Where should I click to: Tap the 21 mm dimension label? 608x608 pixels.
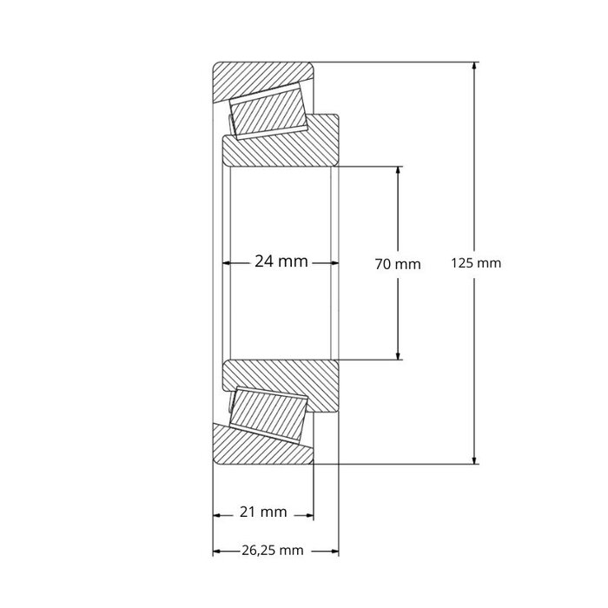(262, 512)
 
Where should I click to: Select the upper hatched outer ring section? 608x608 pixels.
(261, 78)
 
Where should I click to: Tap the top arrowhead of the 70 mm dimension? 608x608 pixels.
(399, 171)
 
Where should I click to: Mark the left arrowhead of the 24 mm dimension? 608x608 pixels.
(229, 261)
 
